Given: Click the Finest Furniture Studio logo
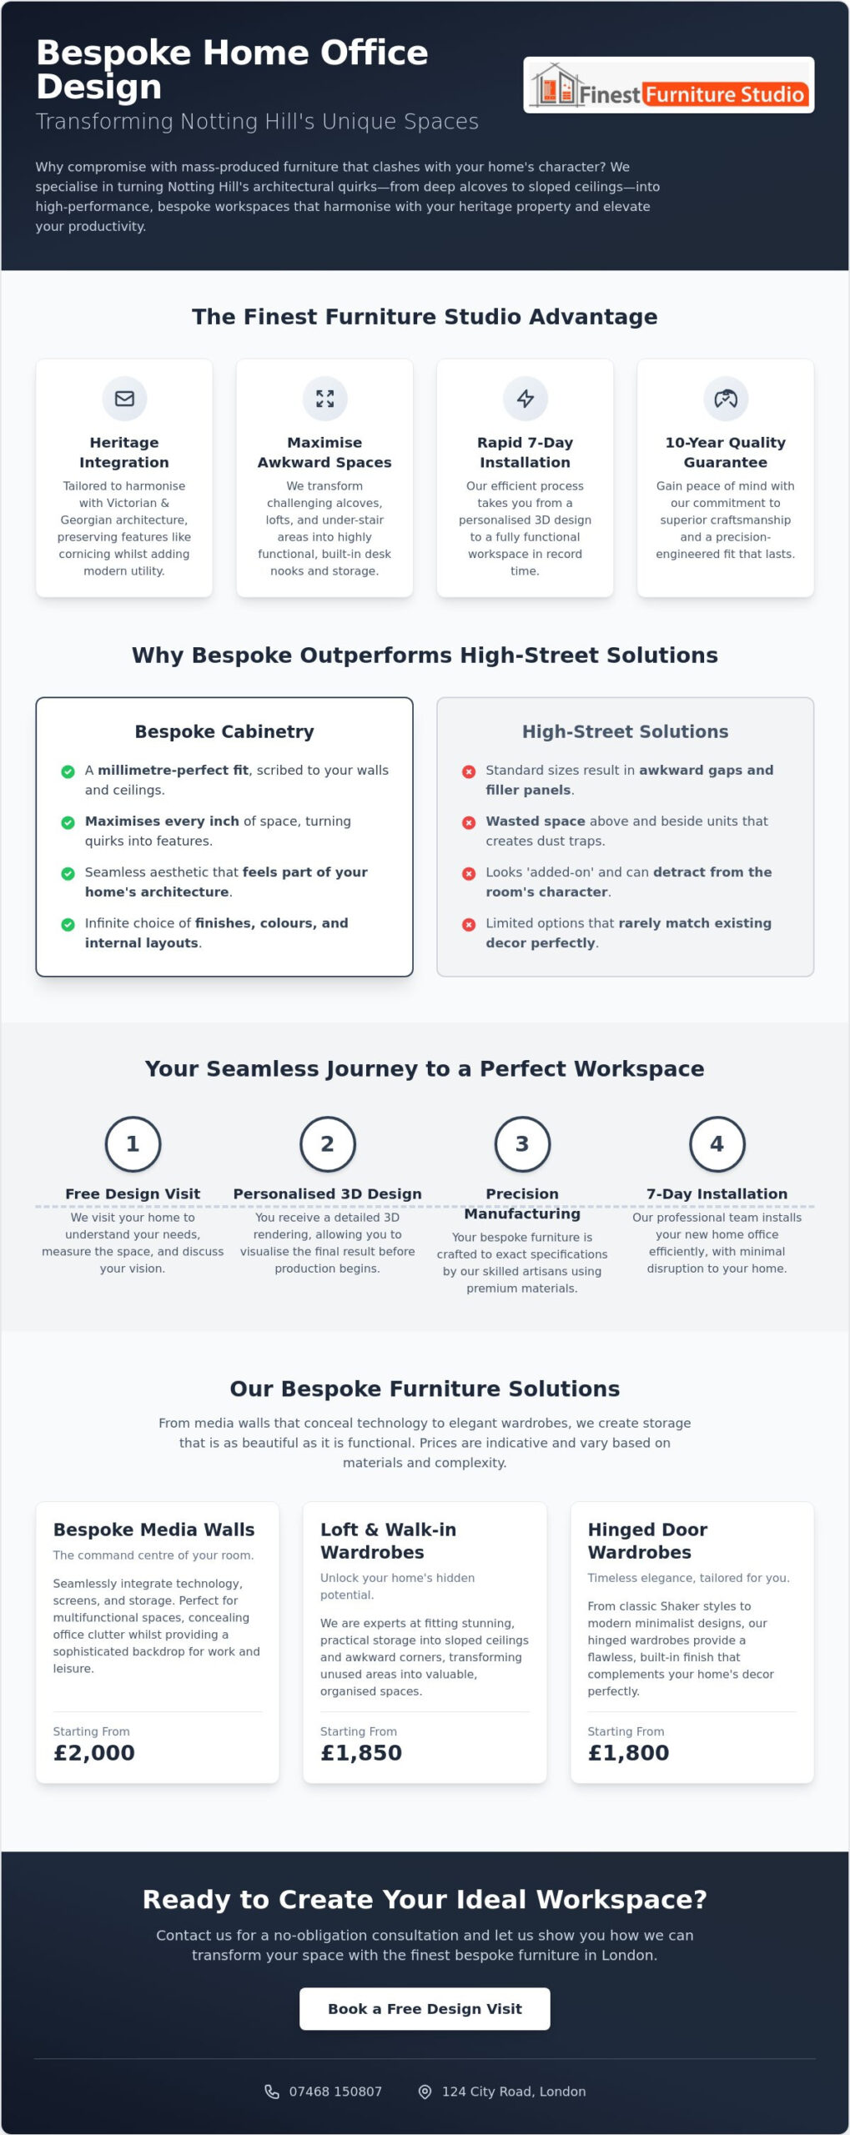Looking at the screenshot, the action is coord(669,85).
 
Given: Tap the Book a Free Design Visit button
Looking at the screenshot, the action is coord(425,2009).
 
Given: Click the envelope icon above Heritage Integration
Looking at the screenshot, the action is coord(124,399).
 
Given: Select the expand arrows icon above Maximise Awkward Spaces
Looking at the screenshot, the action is coord(324,399).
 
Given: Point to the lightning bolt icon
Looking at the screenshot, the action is coord(525,399).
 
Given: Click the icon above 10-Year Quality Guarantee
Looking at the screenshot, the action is coord(726,399).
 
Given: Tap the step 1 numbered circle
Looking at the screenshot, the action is coord(133,1144).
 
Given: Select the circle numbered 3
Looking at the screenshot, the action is coord(522,1144).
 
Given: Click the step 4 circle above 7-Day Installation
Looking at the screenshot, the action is coord(717,1144).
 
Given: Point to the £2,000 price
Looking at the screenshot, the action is coord(94,1753).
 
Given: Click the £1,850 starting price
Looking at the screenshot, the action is coord(361,1753).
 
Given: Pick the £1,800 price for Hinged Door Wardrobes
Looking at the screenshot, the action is coord(628,1753).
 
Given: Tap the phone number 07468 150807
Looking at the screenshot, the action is coord(335,2092).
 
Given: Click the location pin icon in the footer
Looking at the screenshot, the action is coord(425,2092).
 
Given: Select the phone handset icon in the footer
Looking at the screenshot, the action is coord(272,2092).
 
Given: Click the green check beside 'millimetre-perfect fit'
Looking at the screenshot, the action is coord(68,771).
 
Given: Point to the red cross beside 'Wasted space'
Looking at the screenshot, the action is coord(469,822).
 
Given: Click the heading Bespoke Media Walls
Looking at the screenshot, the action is coord(154,1530).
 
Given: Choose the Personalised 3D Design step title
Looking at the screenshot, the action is coord(327,1193).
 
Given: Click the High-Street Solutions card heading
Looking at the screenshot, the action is coord(625,731).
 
